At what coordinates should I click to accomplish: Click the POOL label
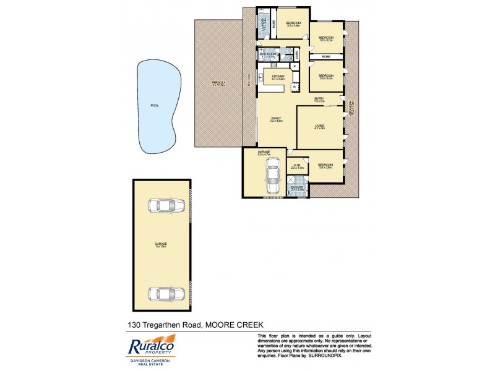154,105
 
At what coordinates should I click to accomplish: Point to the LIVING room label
319,126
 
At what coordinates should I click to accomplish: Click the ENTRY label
319,99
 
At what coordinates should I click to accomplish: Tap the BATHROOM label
268,54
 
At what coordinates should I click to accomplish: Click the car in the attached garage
272,176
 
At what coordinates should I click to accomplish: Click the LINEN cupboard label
297,56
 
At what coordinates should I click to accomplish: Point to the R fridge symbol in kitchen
294,88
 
